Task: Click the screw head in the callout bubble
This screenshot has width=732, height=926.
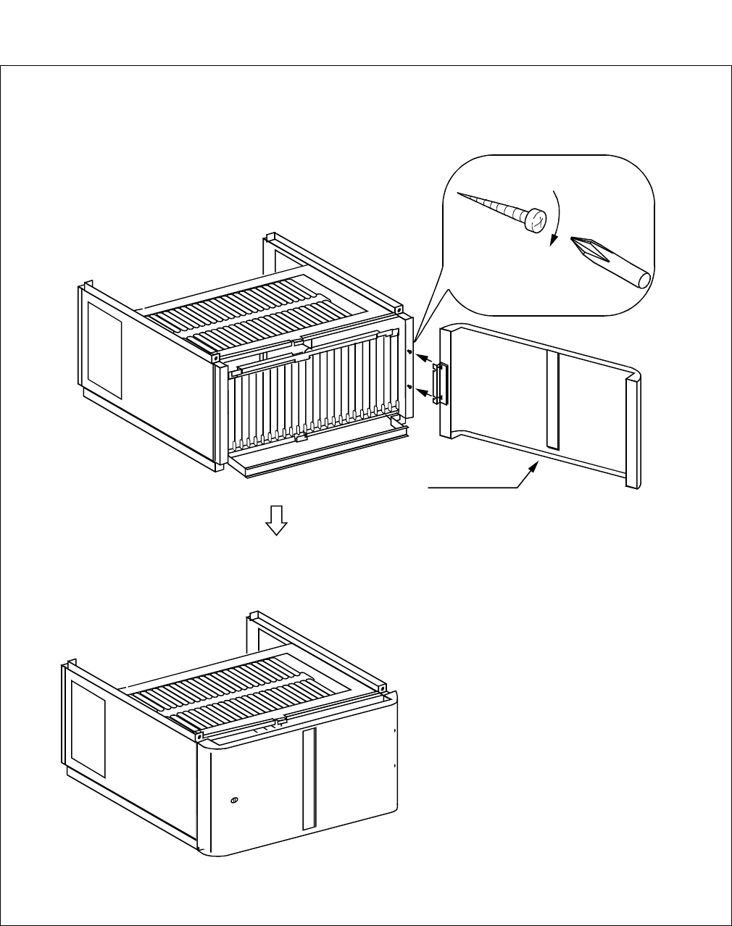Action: tap(536, 220)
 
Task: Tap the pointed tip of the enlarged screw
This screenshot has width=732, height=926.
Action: tap(460, 193)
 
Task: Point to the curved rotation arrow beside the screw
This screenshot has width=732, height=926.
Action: tap(556, 217)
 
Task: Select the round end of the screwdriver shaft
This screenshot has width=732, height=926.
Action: tap(644, 279)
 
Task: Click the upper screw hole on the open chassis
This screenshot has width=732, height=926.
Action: tap(410, 353)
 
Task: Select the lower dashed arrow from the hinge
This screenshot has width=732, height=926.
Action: tap(424, 393)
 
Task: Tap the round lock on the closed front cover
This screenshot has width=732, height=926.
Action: tap(233, 800)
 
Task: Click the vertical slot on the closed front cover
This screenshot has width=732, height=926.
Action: tap(309, 779)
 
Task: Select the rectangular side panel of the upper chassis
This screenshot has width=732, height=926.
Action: tap(104, 350)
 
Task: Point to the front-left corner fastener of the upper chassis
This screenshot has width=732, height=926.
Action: tap(216, 358)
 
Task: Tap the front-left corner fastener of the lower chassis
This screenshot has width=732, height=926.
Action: tap(198, 736)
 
